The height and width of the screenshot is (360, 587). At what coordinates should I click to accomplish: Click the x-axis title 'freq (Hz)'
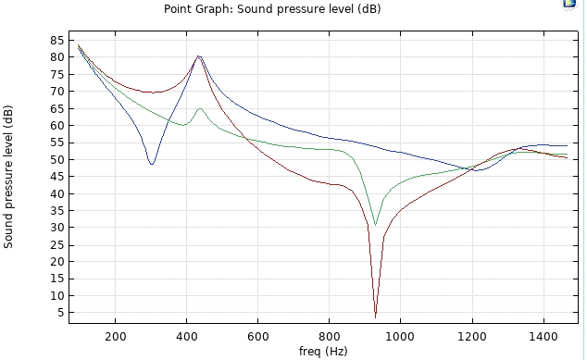click(322, 352)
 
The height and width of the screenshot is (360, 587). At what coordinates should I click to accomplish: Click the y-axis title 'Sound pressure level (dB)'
click(9, 176)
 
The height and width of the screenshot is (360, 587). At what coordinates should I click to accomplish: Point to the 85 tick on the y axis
click(57, 40)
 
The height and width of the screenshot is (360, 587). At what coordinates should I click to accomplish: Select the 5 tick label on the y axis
click(60, 313)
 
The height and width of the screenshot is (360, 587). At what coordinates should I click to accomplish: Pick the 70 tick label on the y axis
click(57, 91)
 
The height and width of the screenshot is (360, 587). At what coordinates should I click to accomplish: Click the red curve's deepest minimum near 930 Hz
click(375, 317)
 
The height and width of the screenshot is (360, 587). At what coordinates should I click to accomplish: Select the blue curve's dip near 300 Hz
click(151, 164)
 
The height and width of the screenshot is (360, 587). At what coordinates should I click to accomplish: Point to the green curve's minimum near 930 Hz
click(375, 225)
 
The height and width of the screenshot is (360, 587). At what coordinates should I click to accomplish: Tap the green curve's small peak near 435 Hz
click(199, 109)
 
